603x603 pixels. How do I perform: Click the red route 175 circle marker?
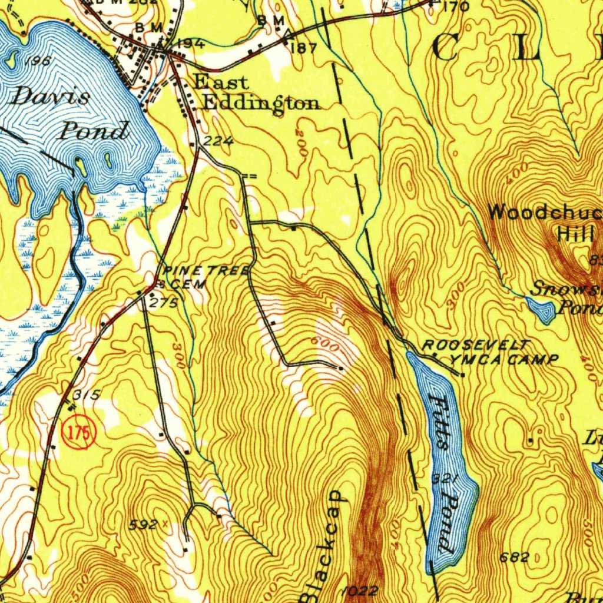(x=79, y=433)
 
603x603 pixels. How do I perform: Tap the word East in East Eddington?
(x=221, y=82)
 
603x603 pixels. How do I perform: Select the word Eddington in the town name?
(x=261, y=103)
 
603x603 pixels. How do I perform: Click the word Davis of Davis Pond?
(x=50, y=97)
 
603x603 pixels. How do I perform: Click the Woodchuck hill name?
(x=545, y=213)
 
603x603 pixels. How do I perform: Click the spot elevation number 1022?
(x=359, y=591)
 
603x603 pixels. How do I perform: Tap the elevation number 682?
(x=513, y=557)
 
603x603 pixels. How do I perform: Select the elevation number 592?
(x=144, y=525)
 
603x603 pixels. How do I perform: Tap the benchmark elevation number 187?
(x=304, y=48)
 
